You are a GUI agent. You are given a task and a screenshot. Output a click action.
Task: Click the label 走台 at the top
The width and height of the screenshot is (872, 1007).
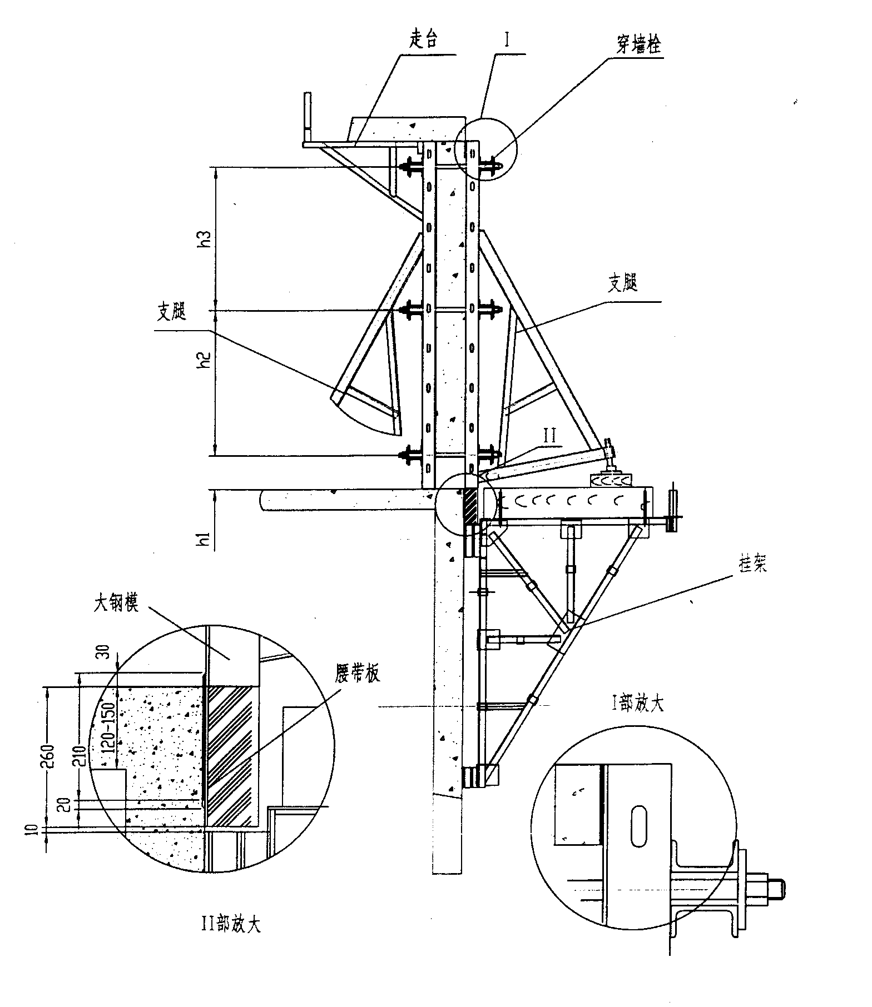tap(424, 41)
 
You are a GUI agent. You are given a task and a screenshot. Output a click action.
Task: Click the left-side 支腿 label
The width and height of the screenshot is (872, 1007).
tap(171, 313)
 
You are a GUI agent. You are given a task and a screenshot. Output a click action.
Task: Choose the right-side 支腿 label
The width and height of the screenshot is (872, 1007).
tap(622, 284)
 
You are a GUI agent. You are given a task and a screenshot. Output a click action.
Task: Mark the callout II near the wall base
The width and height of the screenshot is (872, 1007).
tap(549, 436)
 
